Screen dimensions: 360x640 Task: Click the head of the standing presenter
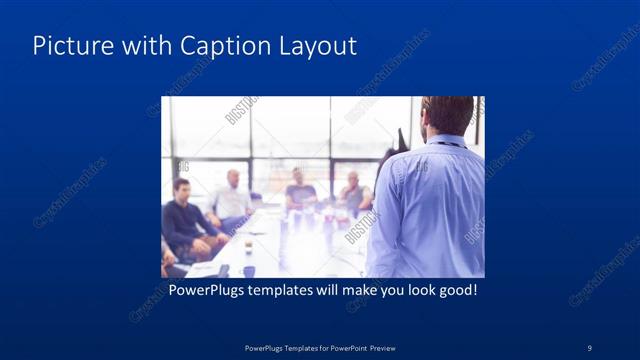point(447,114)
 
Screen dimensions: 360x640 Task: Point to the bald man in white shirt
point(231,196)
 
